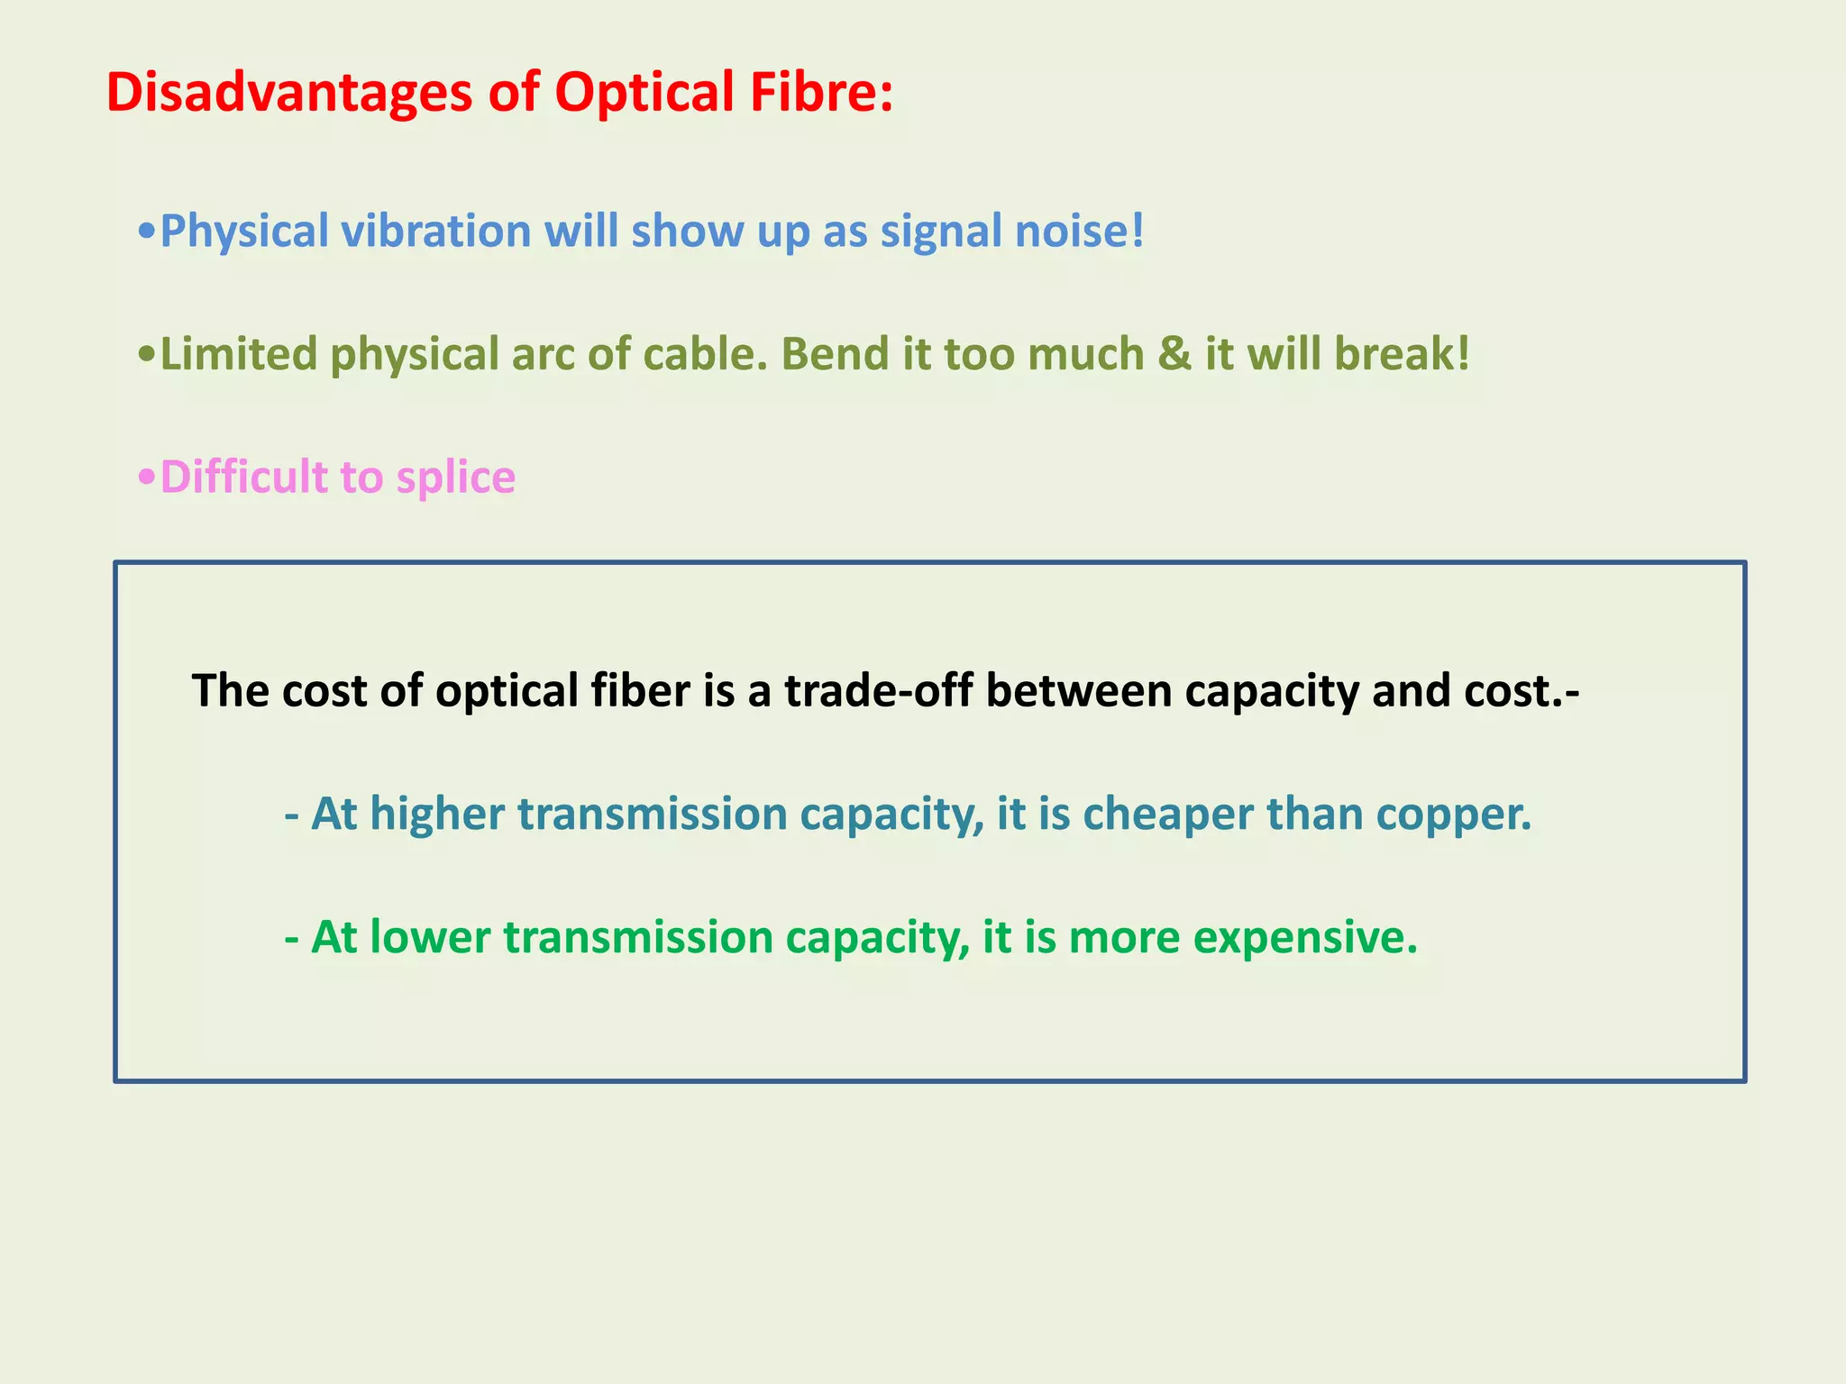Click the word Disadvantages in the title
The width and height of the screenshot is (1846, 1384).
289,93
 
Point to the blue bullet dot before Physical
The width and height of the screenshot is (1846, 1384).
147,232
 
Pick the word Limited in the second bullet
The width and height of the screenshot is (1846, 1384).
239,354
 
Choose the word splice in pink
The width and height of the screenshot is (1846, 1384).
456,478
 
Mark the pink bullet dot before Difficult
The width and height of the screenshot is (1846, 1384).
147,477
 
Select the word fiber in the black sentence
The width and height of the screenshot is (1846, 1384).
640,691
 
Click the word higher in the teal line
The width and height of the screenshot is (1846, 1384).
437,815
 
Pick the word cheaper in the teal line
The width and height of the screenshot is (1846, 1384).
1167,815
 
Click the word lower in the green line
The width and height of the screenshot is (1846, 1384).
430,937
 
